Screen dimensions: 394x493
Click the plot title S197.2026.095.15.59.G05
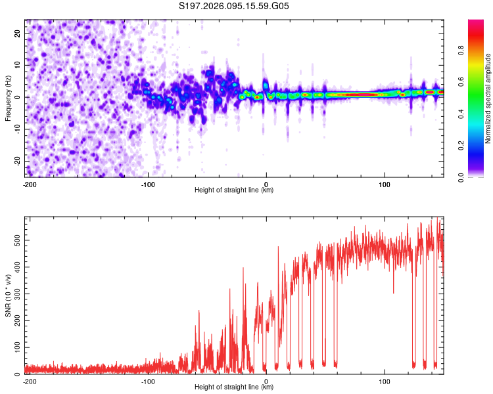point(235,7)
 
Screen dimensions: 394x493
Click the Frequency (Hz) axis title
point(9,98)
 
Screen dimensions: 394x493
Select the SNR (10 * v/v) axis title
point(9,295)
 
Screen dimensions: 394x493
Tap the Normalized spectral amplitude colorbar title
point(488,98)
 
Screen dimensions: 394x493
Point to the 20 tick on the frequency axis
point(18,33)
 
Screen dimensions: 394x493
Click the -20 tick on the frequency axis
point(16,161)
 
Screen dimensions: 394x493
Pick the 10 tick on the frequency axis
point(18,65)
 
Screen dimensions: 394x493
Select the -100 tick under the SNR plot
point(147,381)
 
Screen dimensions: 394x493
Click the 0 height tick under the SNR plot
point(266,381)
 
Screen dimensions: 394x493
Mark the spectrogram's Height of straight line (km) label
point(235,190)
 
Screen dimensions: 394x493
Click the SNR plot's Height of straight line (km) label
point(235,387)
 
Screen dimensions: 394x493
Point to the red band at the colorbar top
point(476,25)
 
